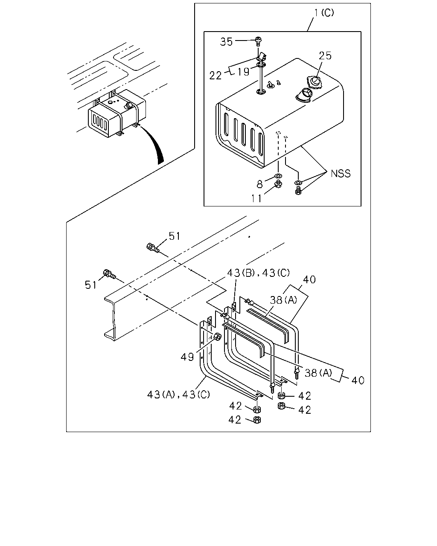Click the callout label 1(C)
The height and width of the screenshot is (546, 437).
coord(324,13)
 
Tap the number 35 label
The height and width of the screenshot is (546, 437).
coord(226,42)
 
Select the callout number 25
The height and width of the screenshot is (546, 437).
coord(325,55)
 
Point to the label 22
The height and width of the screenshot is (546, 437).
coord(216,76)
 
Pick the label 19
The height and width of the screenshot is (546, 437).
coord(243,72)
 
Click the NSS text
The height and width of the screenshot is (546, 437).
coord(341,174)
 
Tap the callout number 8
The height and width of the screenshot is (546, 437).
coord(259,184)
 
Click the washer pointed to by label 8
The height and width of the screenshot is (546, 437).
coord(279,176)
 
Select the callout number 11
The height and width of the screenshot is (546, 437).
coord(256,198)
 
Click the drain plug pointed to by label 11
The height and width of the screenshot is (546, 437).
coord(279,184)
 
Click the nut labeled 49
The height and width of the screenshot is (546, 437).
coord(217,337)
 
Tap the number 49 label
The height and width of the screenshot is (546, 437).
coord(187,357)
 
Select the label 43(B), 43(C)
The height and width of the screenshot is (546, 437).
coord(259,273)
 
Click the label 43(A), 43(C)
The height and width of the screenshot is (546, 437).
coord(178,394)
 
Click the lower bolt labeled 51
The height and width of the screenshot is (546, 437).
coord(109,274)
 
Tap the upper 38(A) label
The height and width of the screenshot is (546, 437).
coord(283,300)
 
